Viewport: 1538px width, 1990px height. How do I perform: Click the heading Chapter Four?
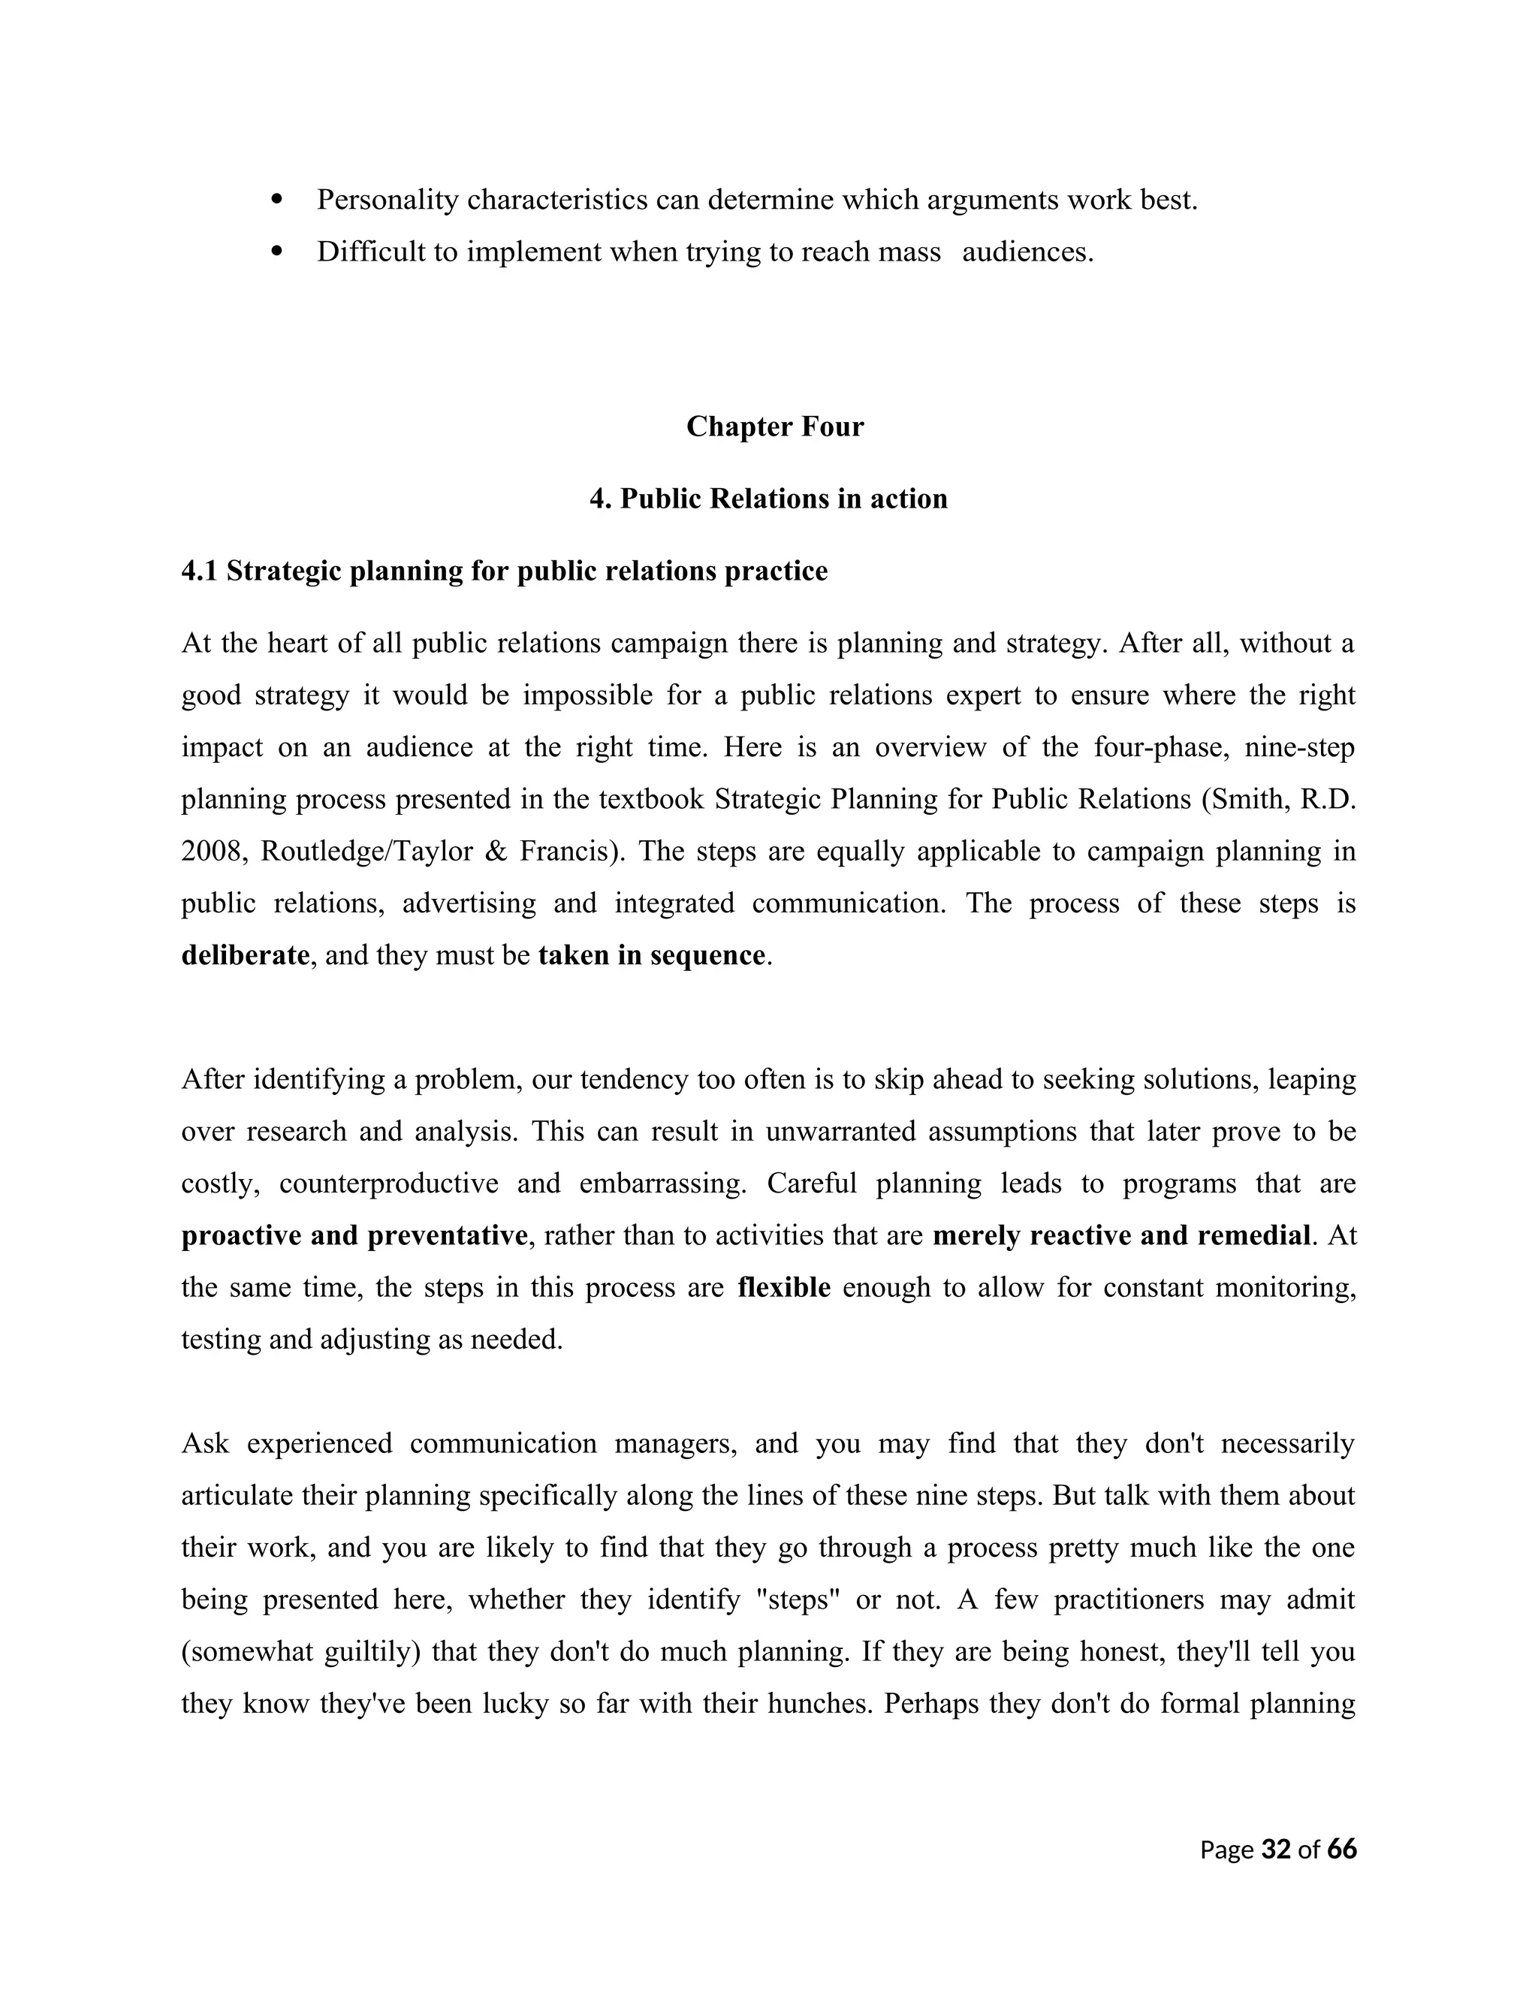pos(774,427)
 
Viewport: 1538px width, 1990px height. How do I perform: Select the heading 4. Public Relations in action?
pos(768,499)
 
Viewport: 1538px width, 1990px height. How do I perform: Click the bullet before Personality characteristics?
pos(278,199)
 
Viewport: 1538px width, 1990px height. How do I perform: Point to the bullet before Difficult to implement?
pos(278,251)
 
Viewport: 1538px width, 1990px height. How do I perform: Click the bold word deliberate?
pos(245,955)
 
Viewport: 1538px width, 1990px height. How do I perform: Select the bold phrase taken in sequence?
pos(651,955)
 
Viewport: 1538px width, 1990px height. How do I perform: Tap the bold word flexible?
pos(783,1287)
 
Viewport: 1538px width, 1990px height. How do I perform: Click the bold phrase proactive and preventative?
pos(354,1235)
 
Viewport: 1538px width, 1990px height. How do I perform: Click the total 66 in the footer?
pos(1341,1849)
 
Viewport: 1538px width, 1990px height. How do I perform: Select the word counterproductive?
pos(388,1183)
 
